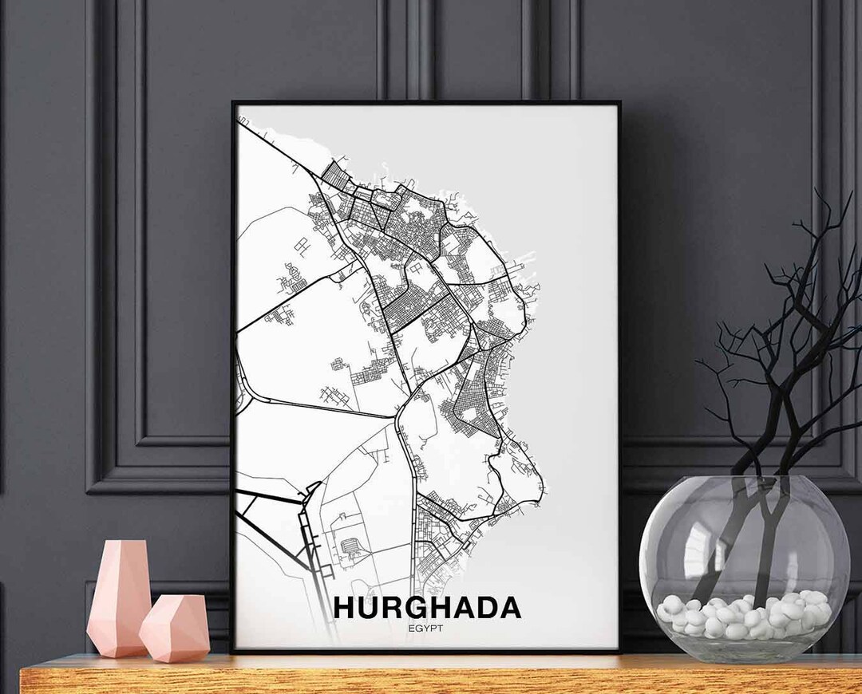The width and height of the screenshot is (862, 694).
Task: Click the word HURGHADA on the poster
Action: [x=427, y=607]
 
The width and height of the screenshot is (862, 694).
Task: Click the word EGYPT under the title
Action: [x=427, y=628]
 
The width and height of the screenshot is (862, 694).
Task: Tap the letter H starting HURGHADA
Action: [x=345, y=607]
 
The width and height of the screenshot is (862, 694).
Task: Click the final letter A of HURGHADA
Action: [x=508, y=607]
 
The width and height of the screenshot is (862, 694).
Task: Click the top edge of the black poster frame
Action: [x=425, y=103]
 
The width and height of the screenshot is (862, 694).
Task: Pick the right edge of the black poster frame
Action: [x=619, y=375]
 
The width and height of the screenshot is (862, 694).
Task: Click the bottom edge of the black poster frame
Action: [x=425, y=651]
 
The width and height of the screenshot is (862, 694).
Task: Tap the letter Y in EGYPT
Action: [x=427, y=628]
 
